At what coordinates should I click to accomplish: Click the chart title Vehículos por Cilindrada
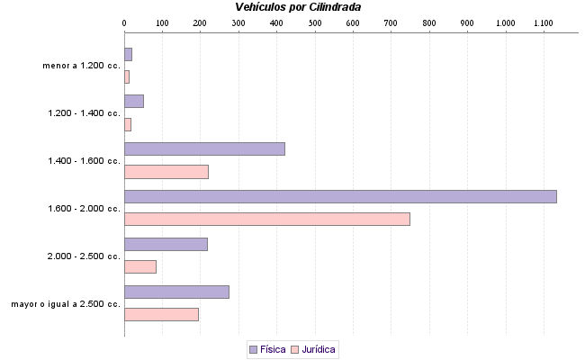(298, 7)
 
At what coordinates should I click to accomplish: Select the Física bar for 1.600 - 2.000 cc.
(340, 196)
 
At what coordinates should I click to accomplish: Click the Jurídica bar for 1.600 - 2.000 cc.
(266, 219)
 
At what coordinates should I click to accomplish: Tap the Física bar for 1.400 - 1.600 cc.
(204, 148)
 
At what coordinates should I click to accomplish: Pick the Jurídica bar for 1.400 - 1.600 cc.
(166, 172)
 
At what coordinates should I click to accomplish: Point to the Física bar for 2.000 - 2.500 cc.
(166, 244)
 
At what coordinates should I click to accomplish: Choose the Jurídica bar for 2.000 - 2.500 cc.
(140, 266)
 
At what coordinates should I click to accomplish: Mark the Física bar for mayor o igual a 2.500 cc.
(176, 292)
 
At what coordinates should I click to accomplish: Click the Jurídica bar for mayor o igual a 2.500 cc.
(161, 314)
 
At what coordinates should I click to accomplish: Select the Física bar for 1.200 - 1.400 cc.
(134, 101)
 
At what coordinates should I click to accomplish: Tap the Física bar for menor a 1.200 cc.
(128, 54)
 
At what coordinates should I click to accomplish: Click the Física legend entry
(267, 349)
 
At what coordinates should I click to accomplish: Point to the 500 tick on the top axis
(315, 22)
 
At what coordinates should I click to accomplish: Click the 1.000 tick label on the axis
(506, 22)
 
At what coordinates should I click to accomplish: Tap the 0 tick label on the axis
(124, 22)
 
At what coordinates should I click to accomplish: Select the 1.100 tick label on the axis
(544, 22)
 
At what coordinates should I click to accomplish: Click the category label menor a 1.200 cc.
(81, 66)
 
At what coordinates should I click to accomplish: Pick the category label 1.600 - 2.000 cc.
(84, 209)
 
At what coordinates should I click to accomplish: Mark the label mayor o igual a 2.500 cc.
(66, 304)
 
